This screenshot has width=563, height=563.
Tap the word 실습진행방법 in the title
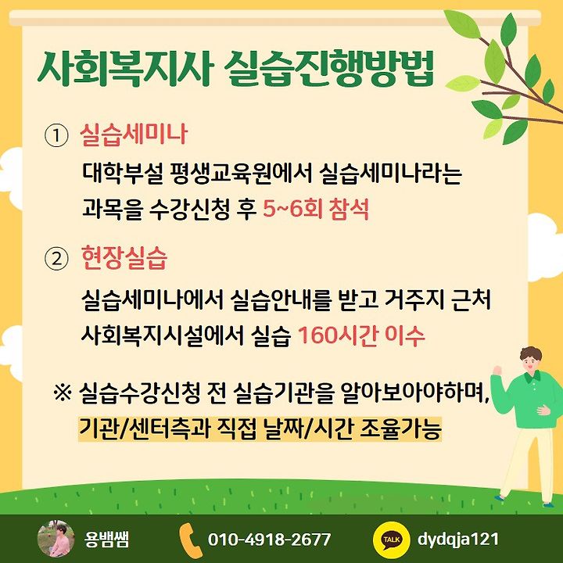(330, 69)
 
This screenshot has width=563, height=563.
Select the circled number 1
(56, 135)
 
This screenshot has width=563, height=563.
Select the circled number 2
(56, 259)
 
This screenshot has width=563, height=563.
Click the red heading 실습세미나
(134, 134)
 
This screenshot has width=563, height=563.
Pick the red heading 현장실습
(124, 257)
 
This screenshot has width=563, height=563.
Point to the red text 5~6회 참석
(316, 209)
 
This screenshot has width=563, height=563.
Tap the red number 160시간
(339, 335)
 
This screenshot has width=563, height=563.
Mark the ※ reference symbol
(62, 393)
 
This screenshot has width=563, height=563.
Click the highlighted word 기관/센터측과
(144, 429)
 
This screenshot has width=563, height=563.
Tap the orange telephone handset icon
(190, 540)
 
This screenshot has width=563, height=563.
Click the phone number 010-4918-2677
(269, 540)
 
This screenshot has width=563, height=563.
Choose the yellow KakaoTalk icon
(392, 540)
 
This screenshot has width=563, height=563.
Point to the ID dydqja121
(458, 540)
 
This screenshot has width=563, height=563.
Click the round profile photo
(56, 539)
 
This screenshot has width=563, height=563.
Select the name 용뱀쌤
(106, 540)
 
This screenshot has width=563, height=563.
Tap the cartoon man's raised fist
(497, 370)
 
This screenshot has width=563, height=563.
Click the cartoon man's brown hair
(530, 353)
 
